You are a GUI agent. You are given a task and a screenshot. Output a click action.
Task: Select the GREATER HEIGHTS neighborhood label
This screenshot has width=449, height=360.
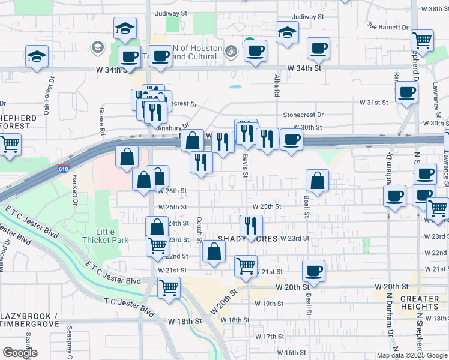pos(420,303)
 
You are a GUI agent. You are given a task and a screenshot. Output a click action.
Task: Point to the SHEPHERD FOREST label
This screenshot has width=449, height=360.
pos(18,122)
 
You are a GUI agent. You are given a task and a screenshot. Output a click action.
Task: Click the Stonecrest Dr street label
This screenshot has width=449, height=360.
pos(303,115)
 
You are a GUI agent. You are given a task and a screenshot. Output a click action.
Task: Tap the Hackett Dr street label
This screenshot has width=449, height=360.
pos(76,190)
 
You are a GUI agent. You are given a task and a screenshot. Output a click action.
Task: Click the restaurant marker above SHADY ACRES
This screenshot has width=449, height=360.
pos(251,226)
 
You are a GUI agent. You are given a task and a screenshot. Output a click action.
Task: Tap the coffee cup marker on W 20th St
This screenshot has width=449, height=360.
pos(313,270)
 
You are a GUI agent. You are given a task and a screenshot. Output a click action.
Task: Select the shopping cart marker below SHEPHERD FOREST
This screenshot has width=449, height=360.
pos(10,144)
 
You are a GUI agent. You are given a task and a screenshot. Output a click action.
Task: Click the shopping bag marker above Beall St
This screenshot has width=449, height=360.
pos(317,179)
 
